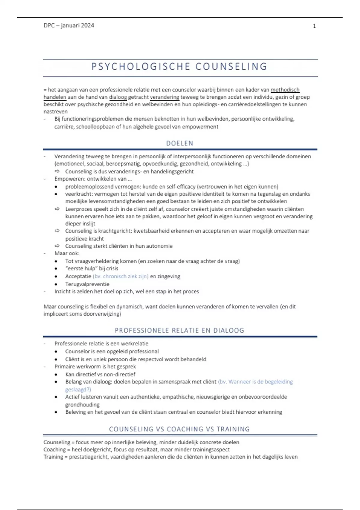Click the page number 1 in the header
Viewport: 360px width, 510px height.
[314, 26]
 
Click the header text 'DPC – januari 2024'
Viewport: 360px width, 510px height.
[69, 25]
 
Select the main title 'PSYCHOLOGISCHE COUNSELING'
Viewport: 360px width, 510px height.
[179, 67]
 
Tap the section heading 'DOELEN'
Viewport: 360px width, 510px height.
[180, 143]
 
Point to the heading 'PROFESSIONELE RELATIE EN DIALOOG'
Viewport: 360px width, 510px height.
[179, 330]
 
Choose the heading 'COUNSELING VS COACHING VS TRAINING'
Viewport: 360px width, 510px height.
[179, 429]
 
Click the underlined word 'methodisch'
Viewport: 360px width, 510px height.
[285, 90]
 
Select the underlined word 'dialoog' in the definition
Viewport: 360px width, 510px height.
[118, 97]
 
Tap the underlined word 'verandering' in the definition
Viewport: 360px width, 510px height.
[164, 97]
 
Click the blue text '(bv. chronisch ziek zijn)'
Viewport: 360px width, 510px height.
[121, 276]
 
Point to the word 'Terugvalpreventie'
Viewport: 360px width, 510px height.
[87, 284]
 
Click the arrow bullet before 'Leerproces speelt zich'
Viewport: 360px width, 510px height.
[57, 209]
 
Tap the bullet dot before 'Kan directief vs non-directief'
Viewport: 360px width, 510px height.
[56, 375]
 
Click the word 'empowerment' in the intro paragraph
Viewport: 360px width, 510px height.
[200, 127]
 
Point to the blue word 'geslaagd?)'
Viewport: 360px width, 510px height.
[78, 389]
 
